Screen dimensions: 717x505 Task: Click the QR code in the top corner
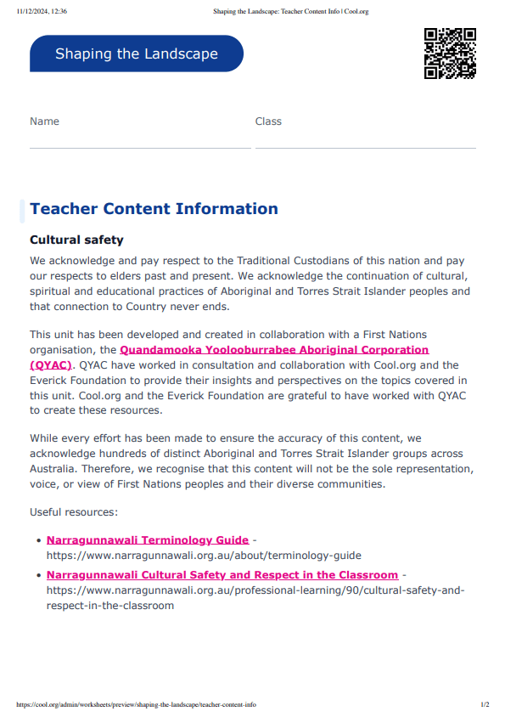click(x=450, y=54)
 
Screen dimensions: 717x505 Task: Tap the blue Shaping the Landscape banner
click(x=137, y=54)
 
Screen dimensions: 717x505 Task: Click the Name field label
click(x=44, y=121)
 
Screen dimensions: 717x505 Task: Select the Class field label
click(x=268, y=121)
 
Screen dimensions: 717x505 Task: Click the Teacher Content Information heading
click(x=154, y=209)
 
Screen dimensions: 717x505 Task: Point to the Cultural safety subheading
click(x=76, y=240)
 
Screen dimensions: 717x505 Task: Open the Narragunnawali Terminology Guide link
click(x=148, y=540)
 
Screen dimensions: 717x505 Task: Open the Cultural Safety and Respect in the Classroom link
click(x=222, y=575)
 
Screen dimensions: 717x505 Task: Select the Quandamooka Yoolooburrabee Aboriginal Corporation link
click(x=274, y=350)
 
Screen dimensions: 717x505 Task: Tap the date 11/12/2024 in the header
click(x=32, y=12)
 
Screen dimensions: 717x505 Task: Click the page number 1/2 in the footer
click(x=485, y=705)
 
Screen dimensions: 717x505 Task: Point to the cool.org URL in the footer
click(x=136, y=705)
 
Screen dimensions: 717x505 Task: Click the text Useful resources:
click(x=73, y=512)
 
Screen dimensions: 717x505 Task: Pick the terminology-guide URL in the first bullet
click(x=204, y=556)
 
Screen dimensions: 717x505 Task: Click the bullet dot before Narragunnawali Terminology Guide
click(x=39, y=540)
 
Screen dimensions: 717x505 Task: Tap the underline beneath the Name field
click(x=140, y=148)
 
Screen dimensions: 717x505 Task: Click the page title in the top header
click(x=289, y=12)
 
